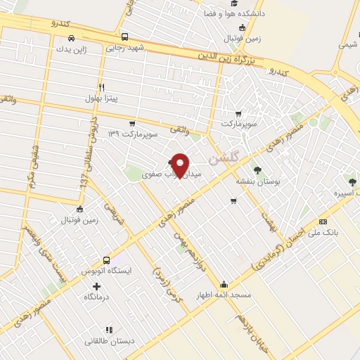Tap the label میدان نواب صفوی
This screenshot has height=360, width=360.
click(x=171, y=174)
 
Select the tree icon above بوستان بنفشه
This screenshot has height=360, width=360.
click(x=257, y=169)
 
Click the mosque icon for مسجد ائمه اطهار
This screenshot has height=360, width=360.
click(x=224, y=284)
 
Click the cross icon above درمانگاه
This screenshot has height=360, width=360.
click(x=97, y=286)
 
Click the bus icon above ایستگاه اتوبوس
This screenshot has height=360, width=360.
click(x=107, y=259)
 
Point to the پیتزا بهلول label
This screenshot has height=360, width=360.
click(x=103, y=98)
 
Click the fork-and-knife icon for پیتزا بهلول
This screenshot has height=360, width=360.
click(x=102, y=87)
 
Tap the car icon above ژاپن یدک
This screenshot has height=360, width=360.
click(x=71, y=39)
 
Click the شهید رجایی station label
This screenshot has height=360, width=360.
click(x=124, y=49)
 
